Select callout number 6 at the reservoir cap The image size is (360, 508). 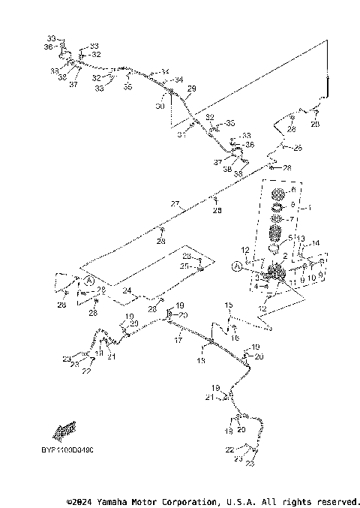click(293, 191)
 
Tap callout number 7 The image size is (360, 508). click(293, 219)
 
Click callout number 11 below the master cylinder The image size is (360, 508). click(292, 282)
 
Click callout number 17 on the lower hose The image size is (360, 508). click(178, 340)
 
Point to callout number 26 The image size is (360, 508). click(298, 148)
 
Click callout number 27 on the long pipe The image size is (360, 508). click(175, 204)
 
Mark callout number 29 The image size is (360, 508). click(192, 89)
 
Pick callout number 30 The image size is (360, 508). click(160, 106)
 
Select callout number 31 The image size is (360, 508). click(181, 135)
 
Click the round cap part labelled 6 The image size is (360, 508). click(278, 194)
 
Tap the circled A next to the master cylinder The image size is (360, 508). click(238, 265)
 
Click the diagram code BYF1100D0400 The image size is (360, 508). click(63, 449)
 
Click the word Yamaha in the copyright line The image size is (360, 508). click(112, 500)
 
